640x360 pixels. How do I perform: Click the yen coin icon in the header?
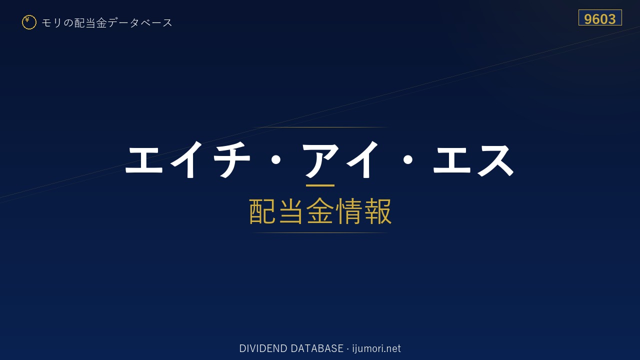pos(29,22)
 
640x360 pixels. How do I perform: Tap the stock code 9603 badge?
pos(600,17)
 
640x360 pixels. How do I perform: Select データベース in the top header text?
pos(140,23)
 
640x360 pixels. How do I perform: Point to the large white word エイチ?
pos(188,159)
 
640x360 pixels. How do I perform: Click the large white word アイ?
pos(340,159)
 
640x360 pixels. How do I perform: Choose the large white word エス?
pos(473,160)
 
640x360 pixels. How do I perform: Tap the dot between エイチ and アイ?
pos(275,160)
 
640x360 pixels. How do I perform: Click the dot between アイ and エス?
pos(407,160)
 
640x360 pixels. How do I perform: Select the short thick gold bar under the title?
pos(320,185)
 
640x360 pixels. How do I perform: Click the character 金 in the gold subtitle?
pos(320,211)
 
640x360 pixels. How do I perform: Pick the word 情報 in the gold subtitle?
pos(363,211)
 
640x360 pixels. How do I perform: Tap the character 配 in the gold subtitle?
pos(262,211)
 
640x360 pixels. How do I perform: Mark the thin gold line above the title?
pos(320,127)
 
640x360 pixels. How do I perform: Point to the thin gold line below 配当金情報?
pos(320,233)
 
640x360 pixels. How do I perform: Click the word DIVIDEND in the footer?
pos(263,348)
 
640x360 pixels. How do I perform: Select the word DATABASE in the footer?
pos(317,348)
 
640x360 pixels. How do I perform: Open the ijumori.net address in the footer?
pos(376,348)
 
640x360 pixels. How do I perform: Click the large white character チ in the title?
pos(231,159)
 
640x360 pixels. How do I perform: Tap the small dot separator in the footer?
pos(347,349)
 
